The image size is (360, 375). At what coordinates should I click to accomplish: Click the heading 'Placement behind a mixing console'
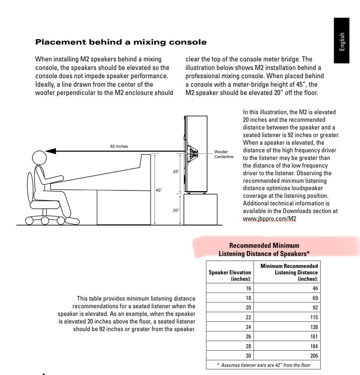point(121,42)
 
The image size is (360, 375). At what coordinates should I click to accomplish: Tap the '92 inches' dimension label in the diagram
point(119,146)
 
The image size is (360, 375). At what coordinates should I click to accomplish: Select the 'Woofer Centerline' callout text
point(224,154)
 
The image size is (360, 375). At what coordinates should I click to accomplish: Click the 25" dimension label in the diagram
point(176,172)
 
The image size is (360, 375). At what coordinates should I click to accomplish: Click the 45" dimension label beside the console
point(159,190)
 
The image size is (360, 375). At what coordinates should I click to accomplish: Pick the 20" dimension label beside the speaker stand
point(176,210)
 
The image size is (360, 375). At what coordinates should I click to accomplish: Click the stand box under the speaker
point(200,209)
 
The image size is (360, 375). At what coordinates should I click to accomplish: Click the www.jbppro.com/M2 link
point(269,218)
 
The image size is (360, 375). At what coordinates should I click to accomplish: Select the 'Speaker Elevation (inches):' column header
point(230,275)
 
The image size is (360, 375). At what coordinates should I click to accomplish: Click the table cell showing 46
point(315,288)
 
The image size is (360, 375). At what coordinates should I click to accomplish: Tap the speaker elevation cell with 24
point(247,327)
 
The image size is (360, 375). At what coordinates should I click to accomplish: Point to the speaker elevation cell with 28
point(247,346)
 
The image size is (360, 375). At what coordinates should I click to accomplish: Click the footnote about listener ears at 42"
point(263,365)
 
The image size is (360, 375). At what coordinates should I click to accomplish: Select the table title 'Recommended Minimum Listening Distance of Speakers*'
point(264,250)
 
